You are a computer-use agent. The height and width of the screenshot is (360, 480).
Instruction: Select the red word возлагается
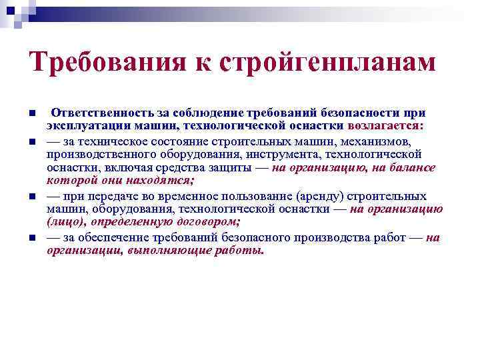tap(385, 125)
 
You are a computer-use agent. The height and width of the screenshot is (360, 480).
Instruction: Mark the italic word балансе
tap(414, 168)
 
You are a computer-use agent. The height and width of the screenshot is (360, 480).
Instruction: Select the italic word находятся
tap(158, 181)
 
